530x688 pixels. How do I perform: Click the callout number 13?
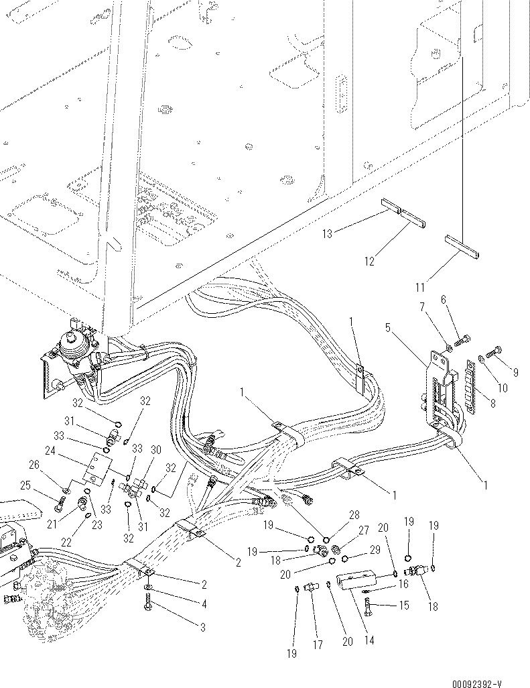click(x=328, y=233)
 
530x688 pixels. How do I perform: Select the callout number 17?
click(x=317, y=645)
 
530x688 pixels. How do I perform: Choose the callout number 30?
click(x=155, y=449)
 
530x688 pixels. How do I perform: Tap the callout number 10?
click(x=502, y=388)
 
